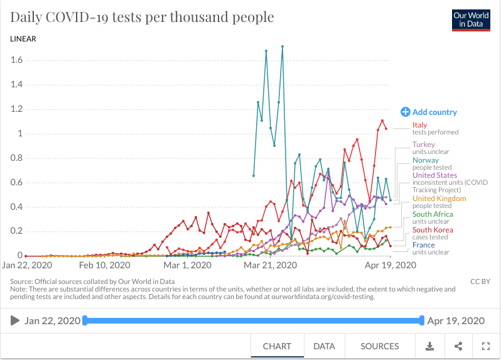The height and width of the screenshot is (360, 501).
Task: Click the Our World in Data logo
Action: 471,19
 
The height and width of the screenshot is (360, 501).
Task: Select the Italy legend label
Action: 419,126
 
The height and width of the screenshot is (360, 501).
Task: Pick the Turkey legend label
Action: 423,145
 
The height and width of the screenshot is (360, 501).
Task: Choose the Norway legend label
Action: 425,160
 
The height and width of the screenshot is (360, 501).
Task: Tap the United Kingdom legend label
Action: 439,199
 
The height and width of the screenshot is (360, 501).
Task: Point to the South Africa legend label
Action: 433,214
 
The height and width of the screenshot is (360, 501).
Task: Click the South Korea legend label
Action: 433,230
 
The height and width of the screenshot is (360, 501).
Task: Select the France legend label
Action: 423,245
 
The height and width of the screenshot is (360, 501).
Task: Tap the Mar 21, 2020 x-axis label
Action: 270,265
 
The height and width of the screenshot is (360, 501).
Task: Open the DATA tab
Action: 324,346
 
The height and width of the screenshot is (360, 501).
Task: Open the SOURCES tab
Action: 379,346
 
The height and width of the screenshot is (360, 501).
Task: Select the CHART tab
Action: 277,346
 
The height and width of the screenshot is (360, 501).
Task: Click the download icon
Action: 430,346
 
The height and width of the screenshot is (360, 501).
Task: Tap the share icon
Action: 458,346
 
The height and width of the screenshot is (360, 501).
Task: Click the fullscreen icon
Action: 485,346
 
